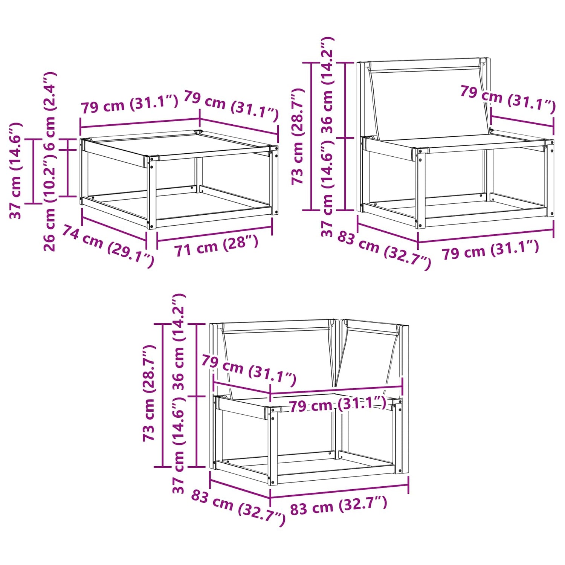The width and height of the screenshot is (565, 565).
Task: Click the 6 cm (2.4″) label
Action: coord(50,111)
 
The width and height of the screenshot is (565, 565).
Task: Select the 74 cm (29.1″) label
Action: coord(108,246)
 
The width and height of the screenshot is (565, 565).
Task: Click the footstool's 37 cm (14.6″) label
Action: coord(16,170)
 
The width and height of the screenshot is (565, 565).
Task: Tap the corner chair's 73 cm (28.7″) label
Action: coord(149,392)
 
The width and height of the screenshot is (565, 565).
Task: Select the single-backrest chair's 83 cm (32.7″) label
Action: coord(384,250)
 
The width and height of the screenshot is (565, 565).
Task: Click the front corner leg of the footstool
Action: coord(152,192)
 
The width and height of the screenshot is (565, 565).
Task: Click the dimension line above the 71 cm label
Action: coord(215,234)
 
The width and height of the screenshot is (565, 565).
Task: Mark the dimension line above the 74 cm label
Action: coord(114,229)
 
